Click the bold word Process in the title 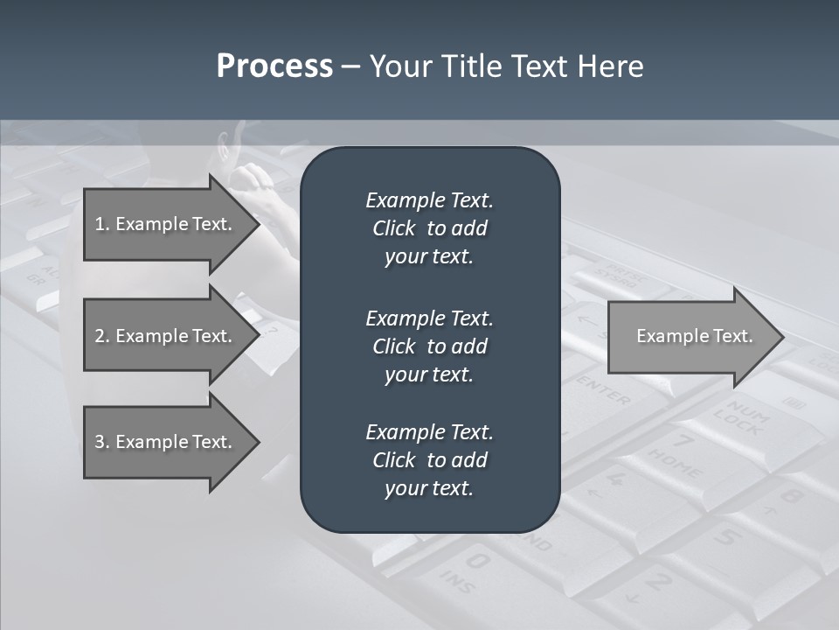tap(274, 66)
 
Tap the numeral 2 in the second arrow tap(100, 336)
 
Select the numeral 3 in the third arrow tap(100, 442)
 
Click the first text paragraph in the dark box tap(429, 228)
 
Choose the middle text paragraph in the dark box tap(429, 346)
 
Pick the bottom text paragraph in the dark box tap(429, 460)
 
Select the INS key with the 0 tap(468, 569)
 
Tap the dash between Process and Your tap(350, 66)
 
